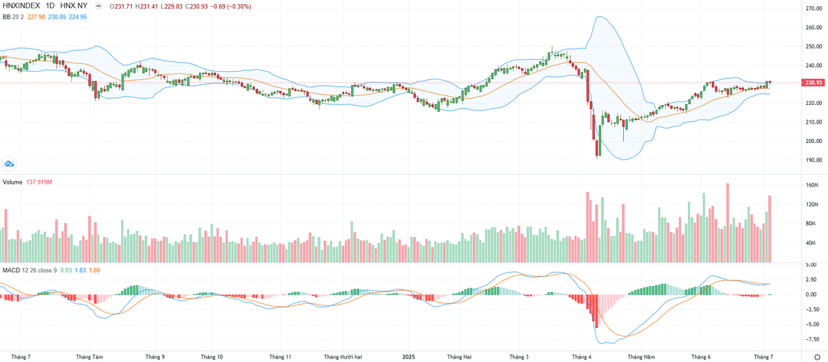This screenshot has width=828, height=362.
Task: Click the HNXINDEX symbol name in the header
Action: click(21, 6)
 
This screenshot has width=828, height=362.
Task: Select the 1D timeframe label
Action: click(51, 6)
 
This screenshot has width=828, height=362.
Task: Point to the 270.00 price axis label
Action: click(812, 9)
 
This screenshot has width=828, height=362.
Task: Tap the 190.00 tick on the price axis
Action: click(812, 160)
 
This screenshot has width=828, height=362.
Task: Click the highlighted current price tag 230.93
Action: click(813, 83)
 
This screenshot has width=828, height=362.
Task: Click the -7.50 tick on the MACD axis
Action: click(812, 339)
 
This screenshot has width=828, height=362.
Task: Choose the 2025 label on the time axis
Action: click(408, 357)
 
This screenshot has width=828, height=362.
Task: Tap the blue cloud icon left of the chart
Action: click(10, 164)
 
